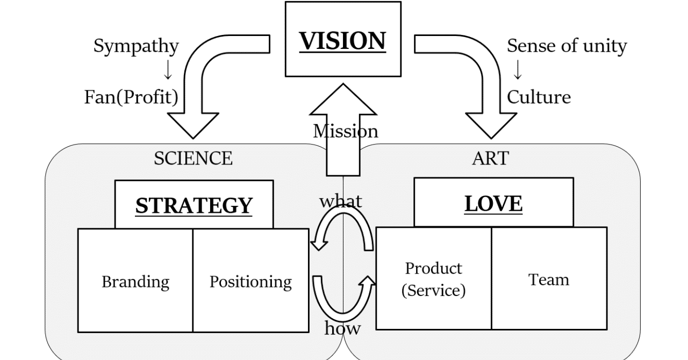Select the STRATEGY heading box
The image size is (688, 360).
tap(193, 205)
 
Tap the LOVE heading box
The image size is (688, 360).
tap(493, 203)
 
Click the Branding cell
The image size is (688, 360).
tap(135, 281)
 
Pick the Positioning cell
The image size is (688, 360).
tap(250, 281)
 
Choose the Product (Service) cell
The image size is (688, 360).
tap(433, 279)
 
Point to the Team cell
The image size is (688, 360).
tap(548, 279)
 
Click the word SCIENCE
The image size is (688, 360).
tap(193, 159)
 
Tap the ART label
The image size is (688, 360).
tap(490, 159)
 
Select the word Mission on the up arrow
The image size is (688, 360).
tap(345, 131)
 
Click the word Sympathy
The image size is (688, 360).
tap(136, 46)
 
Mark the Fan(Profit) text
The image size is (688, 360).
tap(131, 97)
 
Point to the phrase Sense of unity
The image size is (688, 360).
tap(567, 46)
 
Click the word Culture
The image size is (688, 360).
tap(539, 97)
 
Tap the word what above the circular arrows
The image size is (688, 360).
tap(341, 201)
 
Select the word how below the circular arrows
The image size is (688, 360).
tap(342, 328)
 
